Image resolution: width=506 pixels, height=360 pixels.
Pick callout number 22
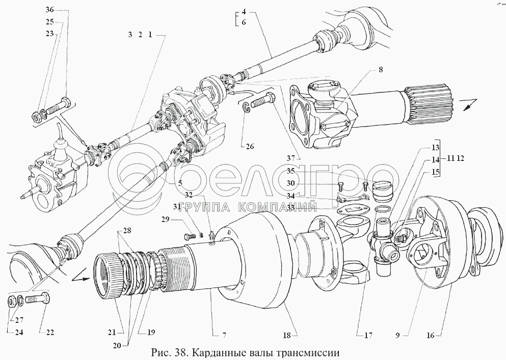point(50,333)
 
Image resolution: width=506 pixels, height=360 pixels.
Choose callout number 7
point(224,336)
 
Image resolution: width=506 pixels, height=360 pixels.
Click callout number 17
point(368,336)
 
